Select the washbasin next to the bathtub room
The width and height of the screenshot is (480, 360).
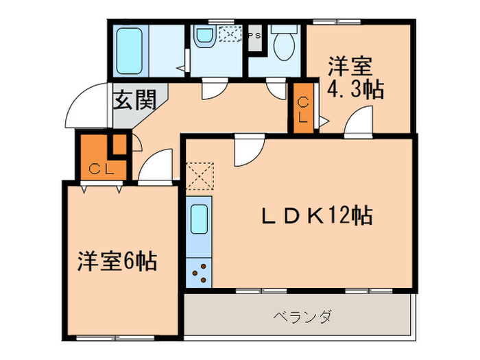[x=204, y=37]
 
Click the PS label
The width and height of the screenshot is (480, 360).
[x=254, y=35]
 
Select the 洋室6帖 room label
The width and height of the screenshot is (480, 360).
[x=116, y=261]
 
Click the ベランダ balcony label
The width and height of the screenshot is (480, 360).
[x=302, y=317]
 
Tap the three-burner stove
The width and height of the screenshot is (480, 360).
[x=200, y=272]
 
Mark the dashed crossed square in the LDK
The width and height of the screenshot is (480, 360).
[x=200, y=174]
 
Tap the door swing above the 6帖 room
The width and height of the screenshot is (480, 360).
[x=156, y=167]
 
